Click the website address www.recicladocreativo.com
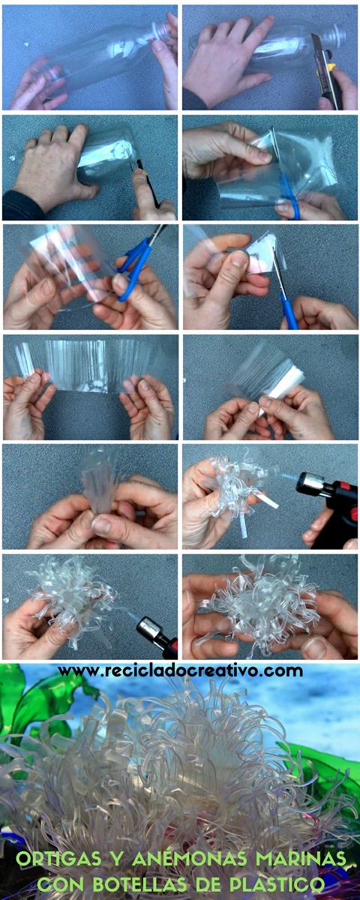180,670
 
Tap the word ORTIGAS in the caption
58,858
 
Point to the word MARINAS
301,859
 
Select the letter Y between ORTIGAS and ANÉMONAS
117,859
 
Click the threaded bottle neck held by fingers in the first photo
161,31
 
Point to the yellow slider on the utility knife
331,67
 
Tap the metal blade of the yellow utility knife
317,47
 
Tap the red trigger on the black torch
353,514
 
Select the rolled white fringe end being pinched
286,386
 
